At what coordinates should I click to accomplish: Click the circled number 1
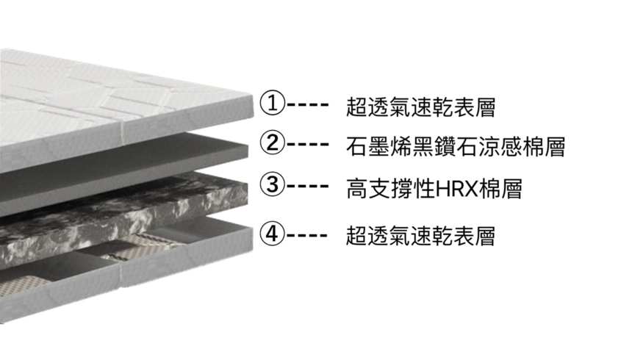tap(273, 103)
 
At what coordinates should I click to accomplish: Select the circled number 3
tap(273, 184)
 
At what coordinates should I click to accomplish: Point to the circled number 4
tap(273, 234)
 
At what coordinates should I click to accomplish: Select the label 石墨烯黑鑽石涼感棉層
tap(455, 146)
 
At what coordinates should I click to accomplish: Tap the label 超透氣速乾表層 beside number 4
tap(420, 237)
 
